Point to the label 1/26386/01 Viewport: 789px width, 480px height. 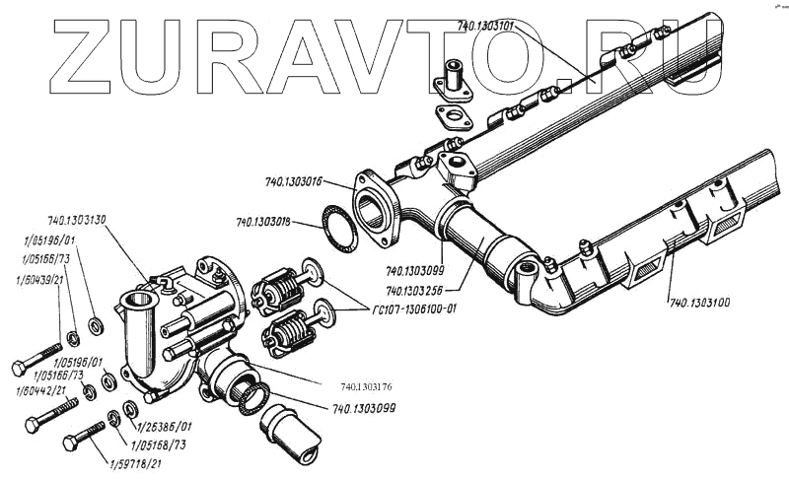coord(164,427)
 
